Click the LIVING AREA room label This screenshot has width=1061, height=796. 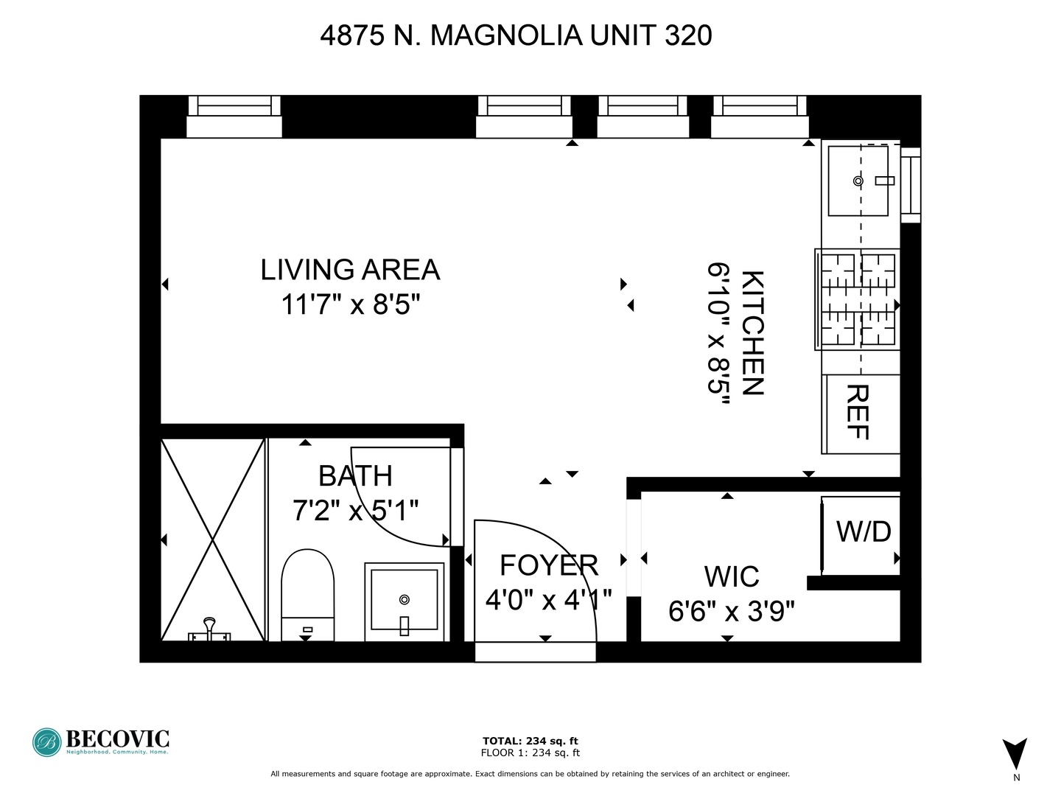click(350, 270)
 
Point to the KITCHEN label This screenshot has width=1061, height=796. click(752, 333)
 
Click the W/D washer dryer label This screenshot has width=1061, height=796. click(864, 531)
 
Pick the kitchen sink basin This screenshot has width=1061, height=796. click(858, 181)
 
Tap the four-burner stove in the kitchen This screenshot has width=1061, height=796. click(858, 299)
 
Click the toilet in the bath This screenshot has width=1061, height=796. click(308, 594)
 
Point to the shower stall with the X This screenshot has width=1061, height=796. click(213, 540)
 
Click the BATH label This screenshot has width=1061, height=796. click(355, 476)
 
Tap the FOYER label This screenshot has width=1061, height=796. click(549, 565)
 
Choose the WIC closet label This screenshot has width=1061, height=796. click(732, 576)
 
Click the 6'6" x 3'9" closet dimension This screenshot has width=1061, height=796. click(732, 611)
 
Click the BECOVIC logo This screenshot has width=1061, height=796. click(101, 741)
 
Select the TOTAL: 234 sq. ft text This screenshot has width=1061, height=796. click(530, 741)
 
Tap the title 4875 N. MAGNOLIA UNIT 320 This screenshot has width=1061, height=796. click(516, 35)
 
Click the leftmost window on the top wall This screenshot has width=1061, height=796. click(234, 116)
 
